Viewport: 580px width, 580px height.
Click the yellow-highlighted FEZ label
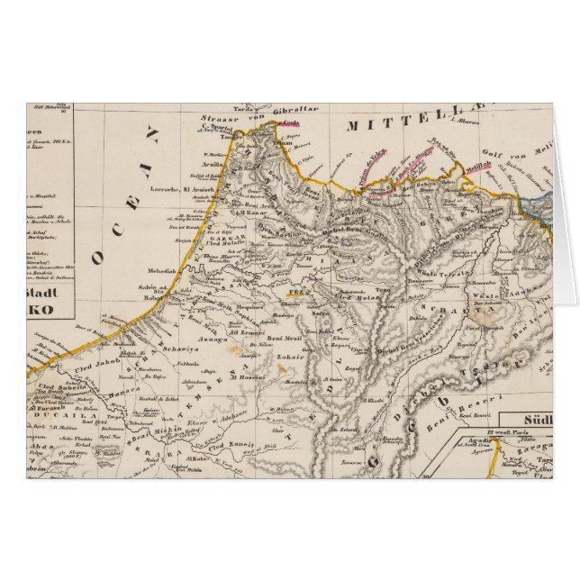click(295, 293)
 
